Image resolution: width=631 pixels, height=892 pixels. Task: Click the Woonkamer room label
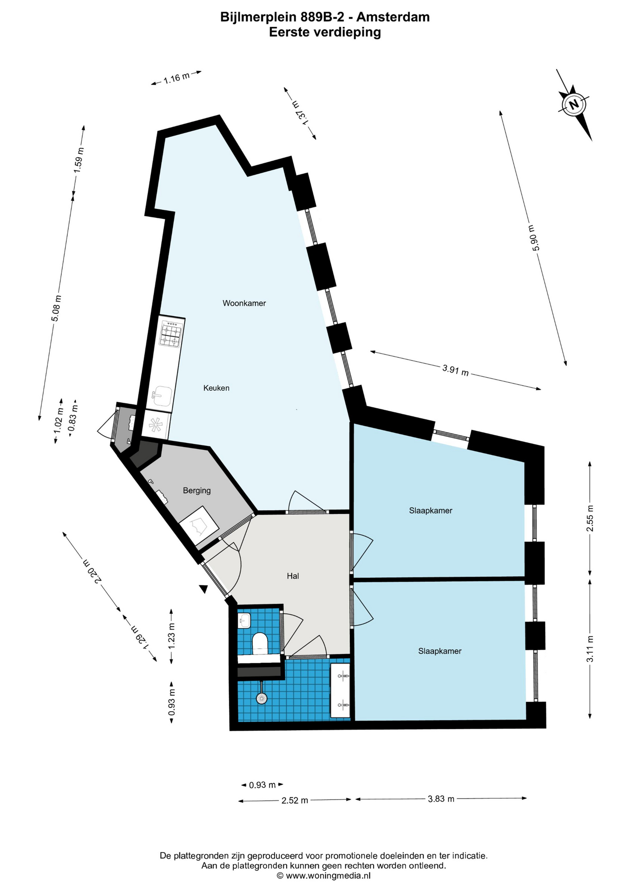coord(244,303)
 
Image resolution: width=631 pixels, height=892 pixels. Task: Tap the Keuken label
coord(217,388)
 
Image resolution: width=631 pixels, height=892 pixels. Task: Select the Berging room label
coord(197,491)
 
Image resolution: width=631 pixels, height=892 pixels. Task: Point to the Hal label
coord(293,576)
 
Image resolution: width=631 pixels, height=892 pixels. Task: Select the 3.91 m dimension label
coord(455,370)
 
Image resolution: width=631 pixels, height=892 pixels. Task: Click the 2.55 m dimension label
coord(590,518)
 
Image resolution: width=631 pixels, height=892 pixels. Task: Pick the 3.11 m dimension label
coord(590,649)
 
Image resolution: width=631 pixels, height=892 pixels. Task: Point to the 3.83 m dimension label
coord(441,799)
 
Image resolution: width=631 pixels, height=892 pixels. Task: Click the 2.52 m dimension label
coord(295,800)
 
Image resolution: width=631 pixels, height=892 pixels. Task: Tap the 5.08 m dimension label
coord(56,308)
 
